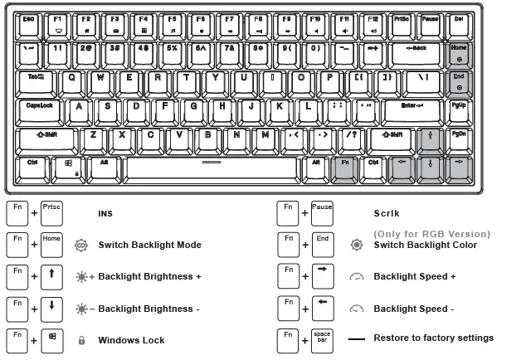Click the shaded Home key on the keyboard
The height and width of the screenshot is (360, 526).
tap(459, 54)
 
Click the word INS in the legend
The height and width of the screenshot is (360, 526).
tap(105, 214)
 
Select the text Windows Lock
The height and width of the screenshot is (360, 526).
tap(131, 340)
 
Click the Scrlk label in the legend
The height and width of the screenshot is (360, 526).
tap(388, 214)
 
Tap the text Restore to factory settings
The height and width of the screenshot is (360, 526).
tap(433, 338)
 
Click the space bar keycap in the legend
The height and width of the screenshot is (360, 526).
tap(322, 340)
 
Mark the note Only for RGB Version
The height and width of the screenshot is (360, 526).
tap(431, 234)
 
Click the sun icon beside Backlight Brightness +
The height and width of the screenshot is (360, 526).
tap(81, 276)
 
